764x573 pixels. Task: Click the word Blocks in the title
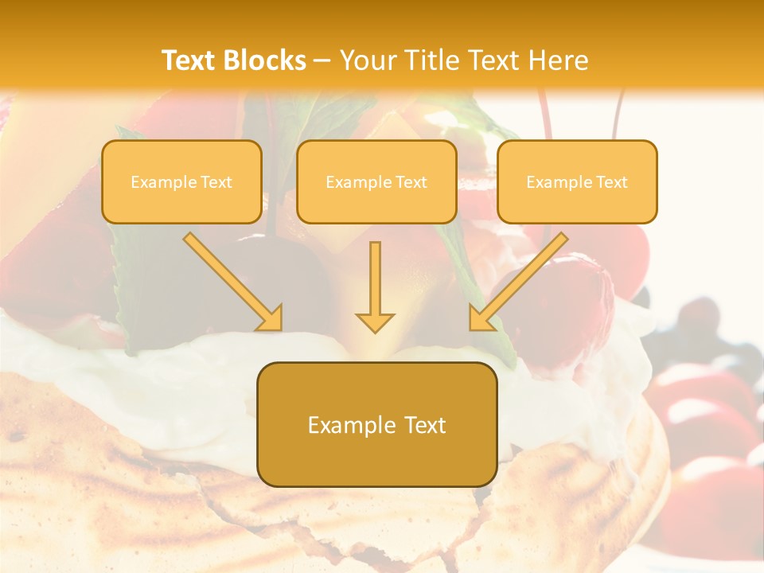click(x=265, y=60)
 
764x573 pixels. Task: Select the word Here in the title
click(x=558, y=60)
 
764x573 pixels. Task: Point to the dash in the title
click(x=322, y=60)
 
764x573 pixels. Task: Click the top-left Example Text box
click(x=181, y=181)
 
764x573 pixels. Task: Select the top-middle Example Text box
click(x=376, y=181)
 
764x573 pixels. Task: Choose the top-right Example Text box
click(x=577, y=181)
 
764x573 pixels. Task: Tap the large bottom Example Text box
click(x=376, y=424)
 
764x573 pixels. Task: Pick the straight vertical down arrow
click(x=375, y=286)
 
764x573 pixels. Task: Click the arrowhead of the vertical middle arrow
click(x=375, y=322)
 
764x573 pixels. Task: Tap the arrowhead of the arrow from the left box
click(x=271, y=319)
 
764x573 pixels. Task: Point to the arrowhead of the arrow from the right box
click(x=480, y=319)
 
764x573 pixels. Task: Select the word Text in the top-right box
click(x=611, y=182)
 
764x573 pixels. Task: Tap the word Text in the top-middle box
click(x=411, y=182)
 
